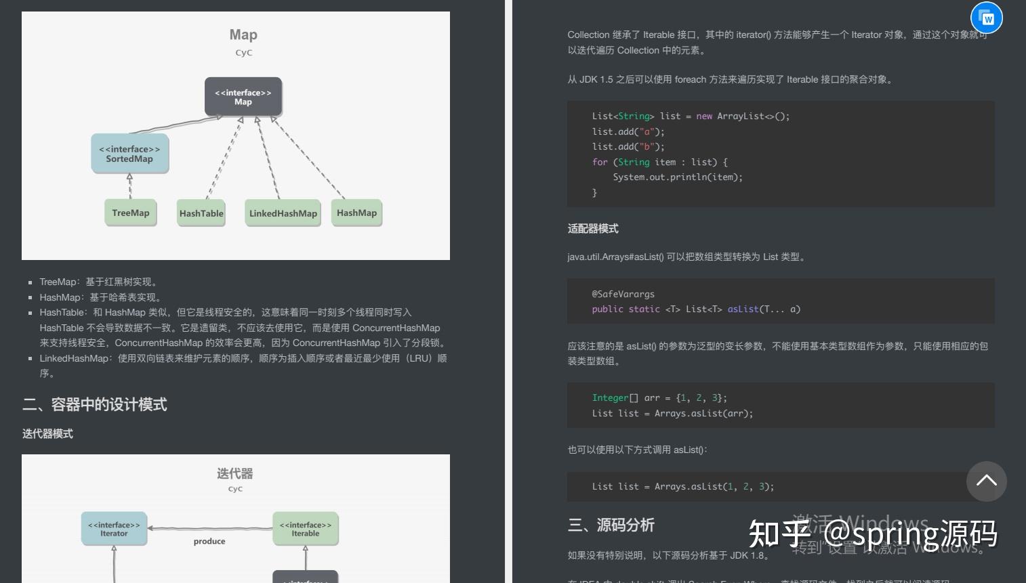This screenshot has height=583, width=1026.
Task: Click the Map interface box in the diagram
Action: tap(243, 97)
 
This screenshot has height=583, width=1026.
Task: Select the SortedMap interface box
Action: tap(129, 154)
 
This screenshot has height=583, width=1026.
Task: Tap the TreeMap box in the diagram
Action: tap(131, 213)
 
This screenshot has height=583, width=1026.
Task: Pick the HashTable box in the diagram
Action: tap(201, 213)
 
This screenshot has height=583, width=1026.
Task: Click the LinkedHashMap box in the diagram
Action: tap(283, 213)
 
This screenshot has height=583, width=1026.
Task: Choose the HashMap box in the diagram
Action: tap(356, 213)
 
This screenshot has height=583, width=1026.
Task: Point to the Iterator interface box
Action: tap(114, 529)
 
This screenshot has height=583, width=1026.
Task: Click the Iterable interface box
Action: tap(306, 529)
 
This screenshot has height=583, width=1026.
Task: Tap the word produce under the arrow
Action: tap(209, 541)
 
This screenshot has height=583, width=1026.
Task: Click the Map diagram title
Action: tap(243, 35)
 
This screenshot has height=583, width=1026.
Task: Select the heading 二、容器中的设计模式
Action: tap(95, 405)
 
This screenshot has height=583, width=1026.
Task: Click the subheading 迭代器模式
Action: tap(47, 434)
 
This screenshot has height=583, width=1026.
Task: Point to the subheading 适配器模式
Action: tap(593, 229)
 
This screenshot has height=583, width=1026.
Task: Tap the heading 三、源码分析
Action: tap(611, 525)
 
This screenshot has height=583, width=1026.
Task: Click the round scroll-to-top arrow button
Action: tap(986, 481)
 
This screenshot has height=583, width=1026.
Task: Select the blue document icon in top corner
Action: tap(987, 18)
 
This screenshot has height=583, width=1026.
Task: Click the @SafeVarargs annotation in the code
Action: tap(623, 294)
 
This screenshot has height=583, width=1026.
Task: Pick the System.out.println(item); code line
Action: tap(678, 177)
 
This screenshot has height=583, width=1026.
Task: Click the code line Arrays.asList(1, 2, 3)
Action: tap(682, 486)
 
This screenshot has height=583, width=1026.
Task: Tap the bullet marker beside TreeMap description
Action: tap(30, 282)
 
